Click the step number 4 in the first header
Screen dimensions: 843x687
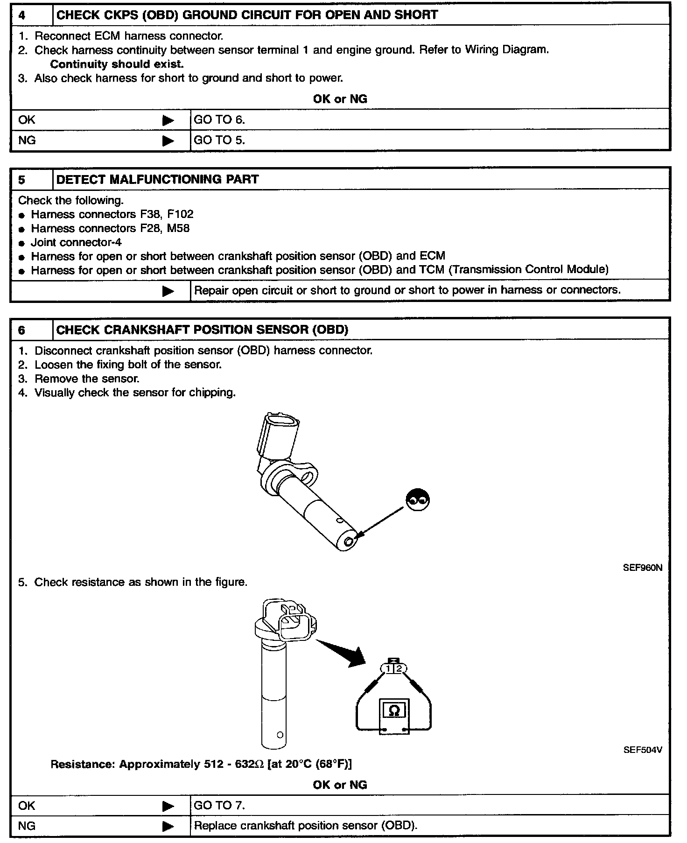click(x=22, y=15)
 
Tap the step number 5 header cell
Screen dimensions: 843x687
click(x=22, y=180)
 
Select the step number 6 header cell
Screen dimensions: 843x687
click(x=22, y=330)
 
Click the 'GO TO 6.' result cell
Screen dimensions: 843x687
click(x=219, y=120)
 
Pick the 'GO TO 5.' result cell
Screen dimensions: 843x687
click(x=219, y=140)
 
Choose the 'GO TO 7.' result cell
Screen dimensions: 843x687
click(x=219, y=805)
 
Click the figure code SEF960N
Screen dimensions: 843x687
click(x=642, y=568)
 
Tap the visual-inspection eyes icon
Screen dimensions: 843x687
click(x=418, y=500)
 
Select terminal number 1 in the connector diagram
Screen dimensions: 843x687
click(x=388, y=669)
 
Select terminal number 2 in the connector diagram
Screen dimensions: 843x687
click(x=399, y=669)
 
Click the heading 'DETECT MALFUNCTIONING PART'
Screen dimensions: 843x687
click(x=157, y=180)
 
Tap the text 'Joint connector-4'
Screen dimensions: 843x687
click(x=76, y=242)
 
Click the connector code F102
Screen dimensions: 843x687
click(x=180, y=214)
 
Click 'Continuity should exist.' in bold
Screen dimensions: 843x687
click(x=117, y=64)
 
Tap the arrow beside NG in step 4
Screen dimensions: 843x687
click(x=168, y=140)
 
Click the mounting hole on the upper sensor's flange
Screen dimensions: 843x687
click(x=308, y=477)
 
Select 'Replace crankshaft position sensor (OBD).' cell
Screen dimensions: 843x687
click(x=306, y=826)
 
